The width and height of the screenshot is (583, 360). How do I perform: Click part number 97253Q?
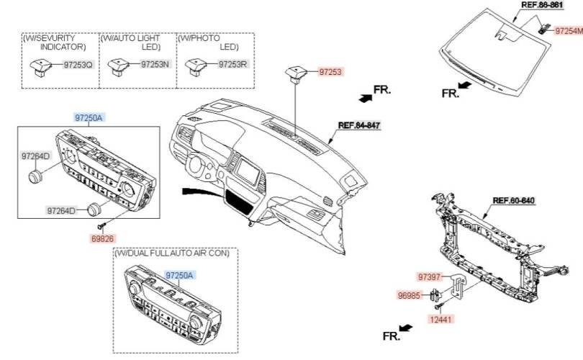[78, 65]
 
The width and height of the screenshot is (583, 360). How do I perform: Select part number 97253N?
[155, 65]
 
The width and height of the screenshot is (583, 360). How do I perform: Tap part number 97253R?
[233, 65]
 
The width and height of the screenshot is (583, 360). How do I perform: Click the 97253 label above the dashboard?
[330, 71]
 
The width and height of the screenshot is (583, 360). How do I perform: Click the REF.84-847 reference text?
[359, 125]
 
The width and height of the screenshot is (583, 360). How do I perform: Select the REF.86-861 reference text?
[543, 4]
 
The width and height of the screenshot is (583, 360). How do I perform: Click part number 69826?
[103, 238]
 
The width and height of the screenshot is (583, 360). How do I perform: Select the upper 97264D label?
[35, 156]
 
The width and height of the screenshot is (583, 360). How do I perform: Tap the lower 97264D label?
[62, 211]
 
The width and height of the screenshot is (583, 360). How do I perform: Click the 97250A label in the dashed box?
[180, 276]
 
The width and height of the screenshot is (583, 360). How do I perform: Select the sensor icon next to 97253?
[295, 72]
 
